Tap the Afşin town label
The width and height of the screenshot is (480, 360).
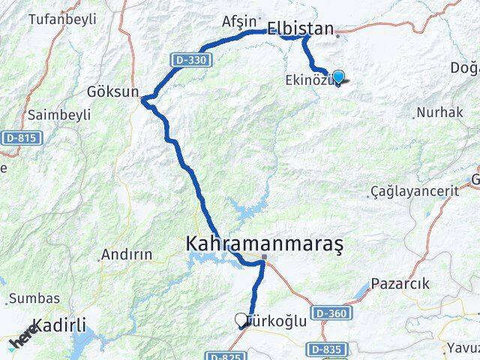[x=240, y=22]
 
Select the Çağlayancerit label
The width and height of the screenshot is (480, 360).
[x=415, y=191]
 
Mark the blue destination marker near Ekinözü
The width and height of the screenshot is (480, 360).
[x=338, y=76]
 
